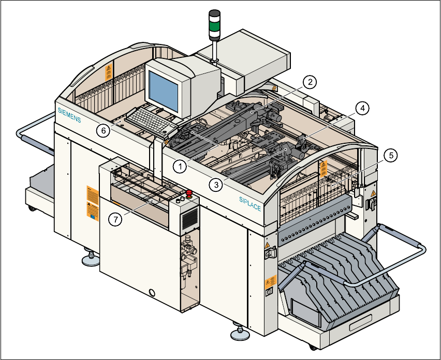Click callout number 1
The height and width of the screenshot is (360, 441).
180,167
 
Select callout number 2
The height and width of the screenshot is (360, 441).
309,82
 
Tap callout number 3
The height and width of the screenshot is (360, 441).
216,183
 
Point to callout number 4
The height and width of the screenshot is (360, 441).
363,108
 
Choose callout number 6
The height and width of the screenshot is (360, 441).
103,131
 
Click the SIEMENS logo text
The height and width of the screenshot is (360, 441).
69,114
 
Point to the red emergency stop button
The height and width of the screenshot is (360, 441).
189,194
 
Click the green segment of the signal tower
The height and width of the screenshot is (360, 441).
214,24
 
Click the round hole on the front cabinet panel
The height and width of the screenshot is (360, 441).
152,293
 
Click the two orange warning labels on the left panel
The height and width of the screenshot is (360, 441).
93,203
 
